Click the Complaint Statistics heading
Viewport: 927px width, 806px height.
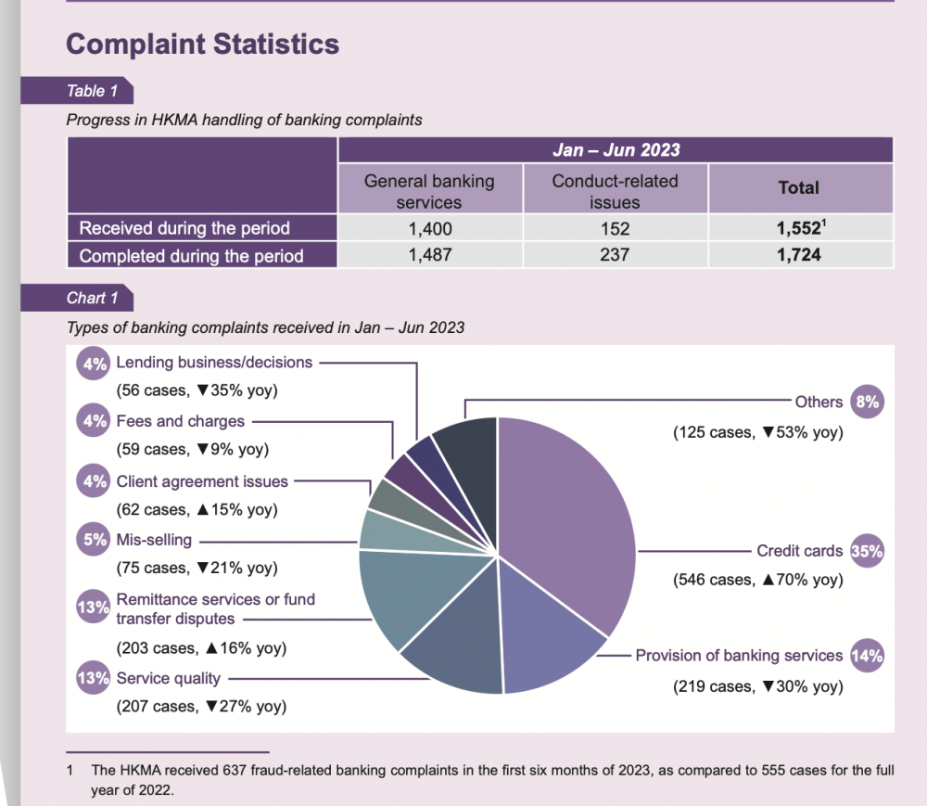[203, 44]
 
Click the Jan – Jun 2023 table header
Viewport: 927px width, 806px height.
[616, 150]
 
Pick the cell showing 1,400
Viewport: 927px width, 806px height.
[429, 228]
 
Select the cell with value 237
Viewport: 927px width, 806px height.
[615, 255]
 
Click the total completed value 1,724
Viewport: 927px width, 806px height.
[799, 255]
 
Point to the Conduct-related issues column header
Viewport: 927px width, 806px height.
[615, 191]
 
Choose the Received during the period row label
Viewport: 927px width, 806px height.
[184, 228]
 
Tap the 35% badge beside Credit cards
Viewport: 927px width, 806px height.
[866, 551]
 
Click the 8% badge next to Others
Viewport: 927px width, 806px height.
[866, 402]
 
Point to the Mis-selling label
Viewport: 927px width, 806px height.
[154, 540]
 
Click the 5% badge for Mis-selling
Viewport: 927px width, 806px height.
[95, 540]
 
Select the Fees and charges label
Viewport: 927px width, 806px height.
[180, 421]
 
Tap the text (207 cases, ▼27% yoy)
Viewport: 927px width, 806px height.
[200, 707]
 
